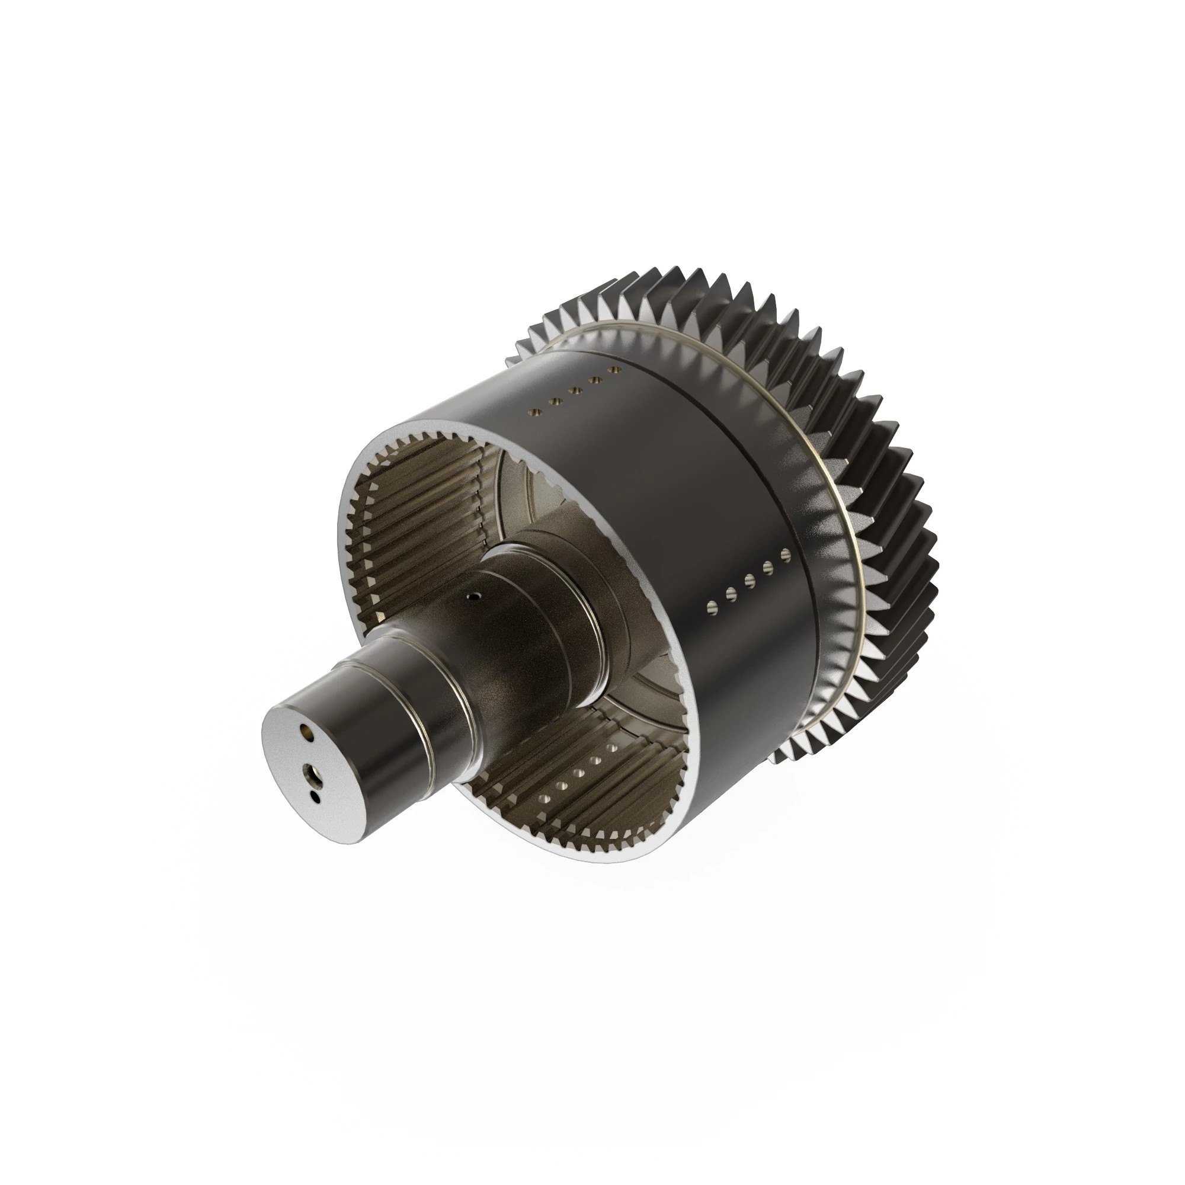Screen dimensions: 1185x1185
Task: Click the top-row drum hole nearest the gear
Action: coord(613,370)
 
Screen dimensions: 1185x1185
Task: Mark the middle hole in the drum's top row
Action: coord(575,390)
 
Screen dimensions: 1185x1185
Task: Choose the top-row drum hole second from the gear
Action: coord(594,380)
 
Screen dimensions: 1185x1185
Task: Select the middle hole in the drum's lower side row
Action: coord(749,580)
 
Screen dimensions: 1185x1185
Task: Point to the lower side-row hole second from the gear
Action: coord(767,568)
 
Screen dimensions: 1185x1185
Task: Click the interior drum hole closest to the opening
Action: coord(543,798)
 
